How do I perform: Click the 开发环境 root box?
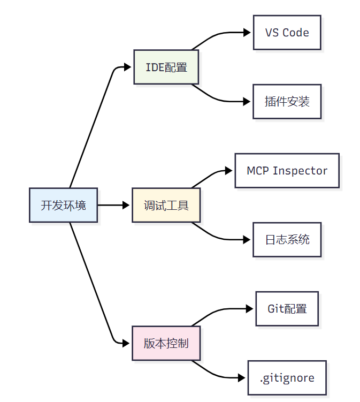coord(63,205)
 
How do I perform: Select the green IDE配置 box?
coord(166,67)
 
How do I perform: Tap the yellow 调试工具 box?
coord(166,205)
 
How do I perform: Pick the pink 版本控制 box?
coord(166,343)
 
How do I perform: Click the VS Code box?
coord(287,33)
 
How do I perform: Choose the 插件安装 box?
coord(287,101)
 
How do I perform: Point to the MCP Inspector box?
coord(287,171)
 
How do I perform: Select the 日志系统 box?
coord(287,239)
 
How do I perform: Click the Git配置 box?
coord(287,309)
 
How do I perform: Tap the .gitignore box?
coord(287,378)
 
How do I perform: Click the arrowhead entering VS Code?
coord(247,33)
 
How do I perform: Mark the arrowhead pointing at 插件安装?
coord(247,101)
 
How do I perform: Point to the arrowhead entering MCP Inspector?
coord(229,171)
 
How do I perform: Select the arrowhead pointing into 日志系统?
coord(247,239)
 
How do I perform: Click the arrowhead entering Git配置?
coord(249,309)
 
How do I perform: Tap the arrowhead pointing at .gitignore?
coord(242,378)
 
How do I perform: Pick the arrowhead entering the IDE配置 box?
coord(127,67)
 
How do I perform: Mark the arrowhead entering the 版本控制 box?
coord(127,343)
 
